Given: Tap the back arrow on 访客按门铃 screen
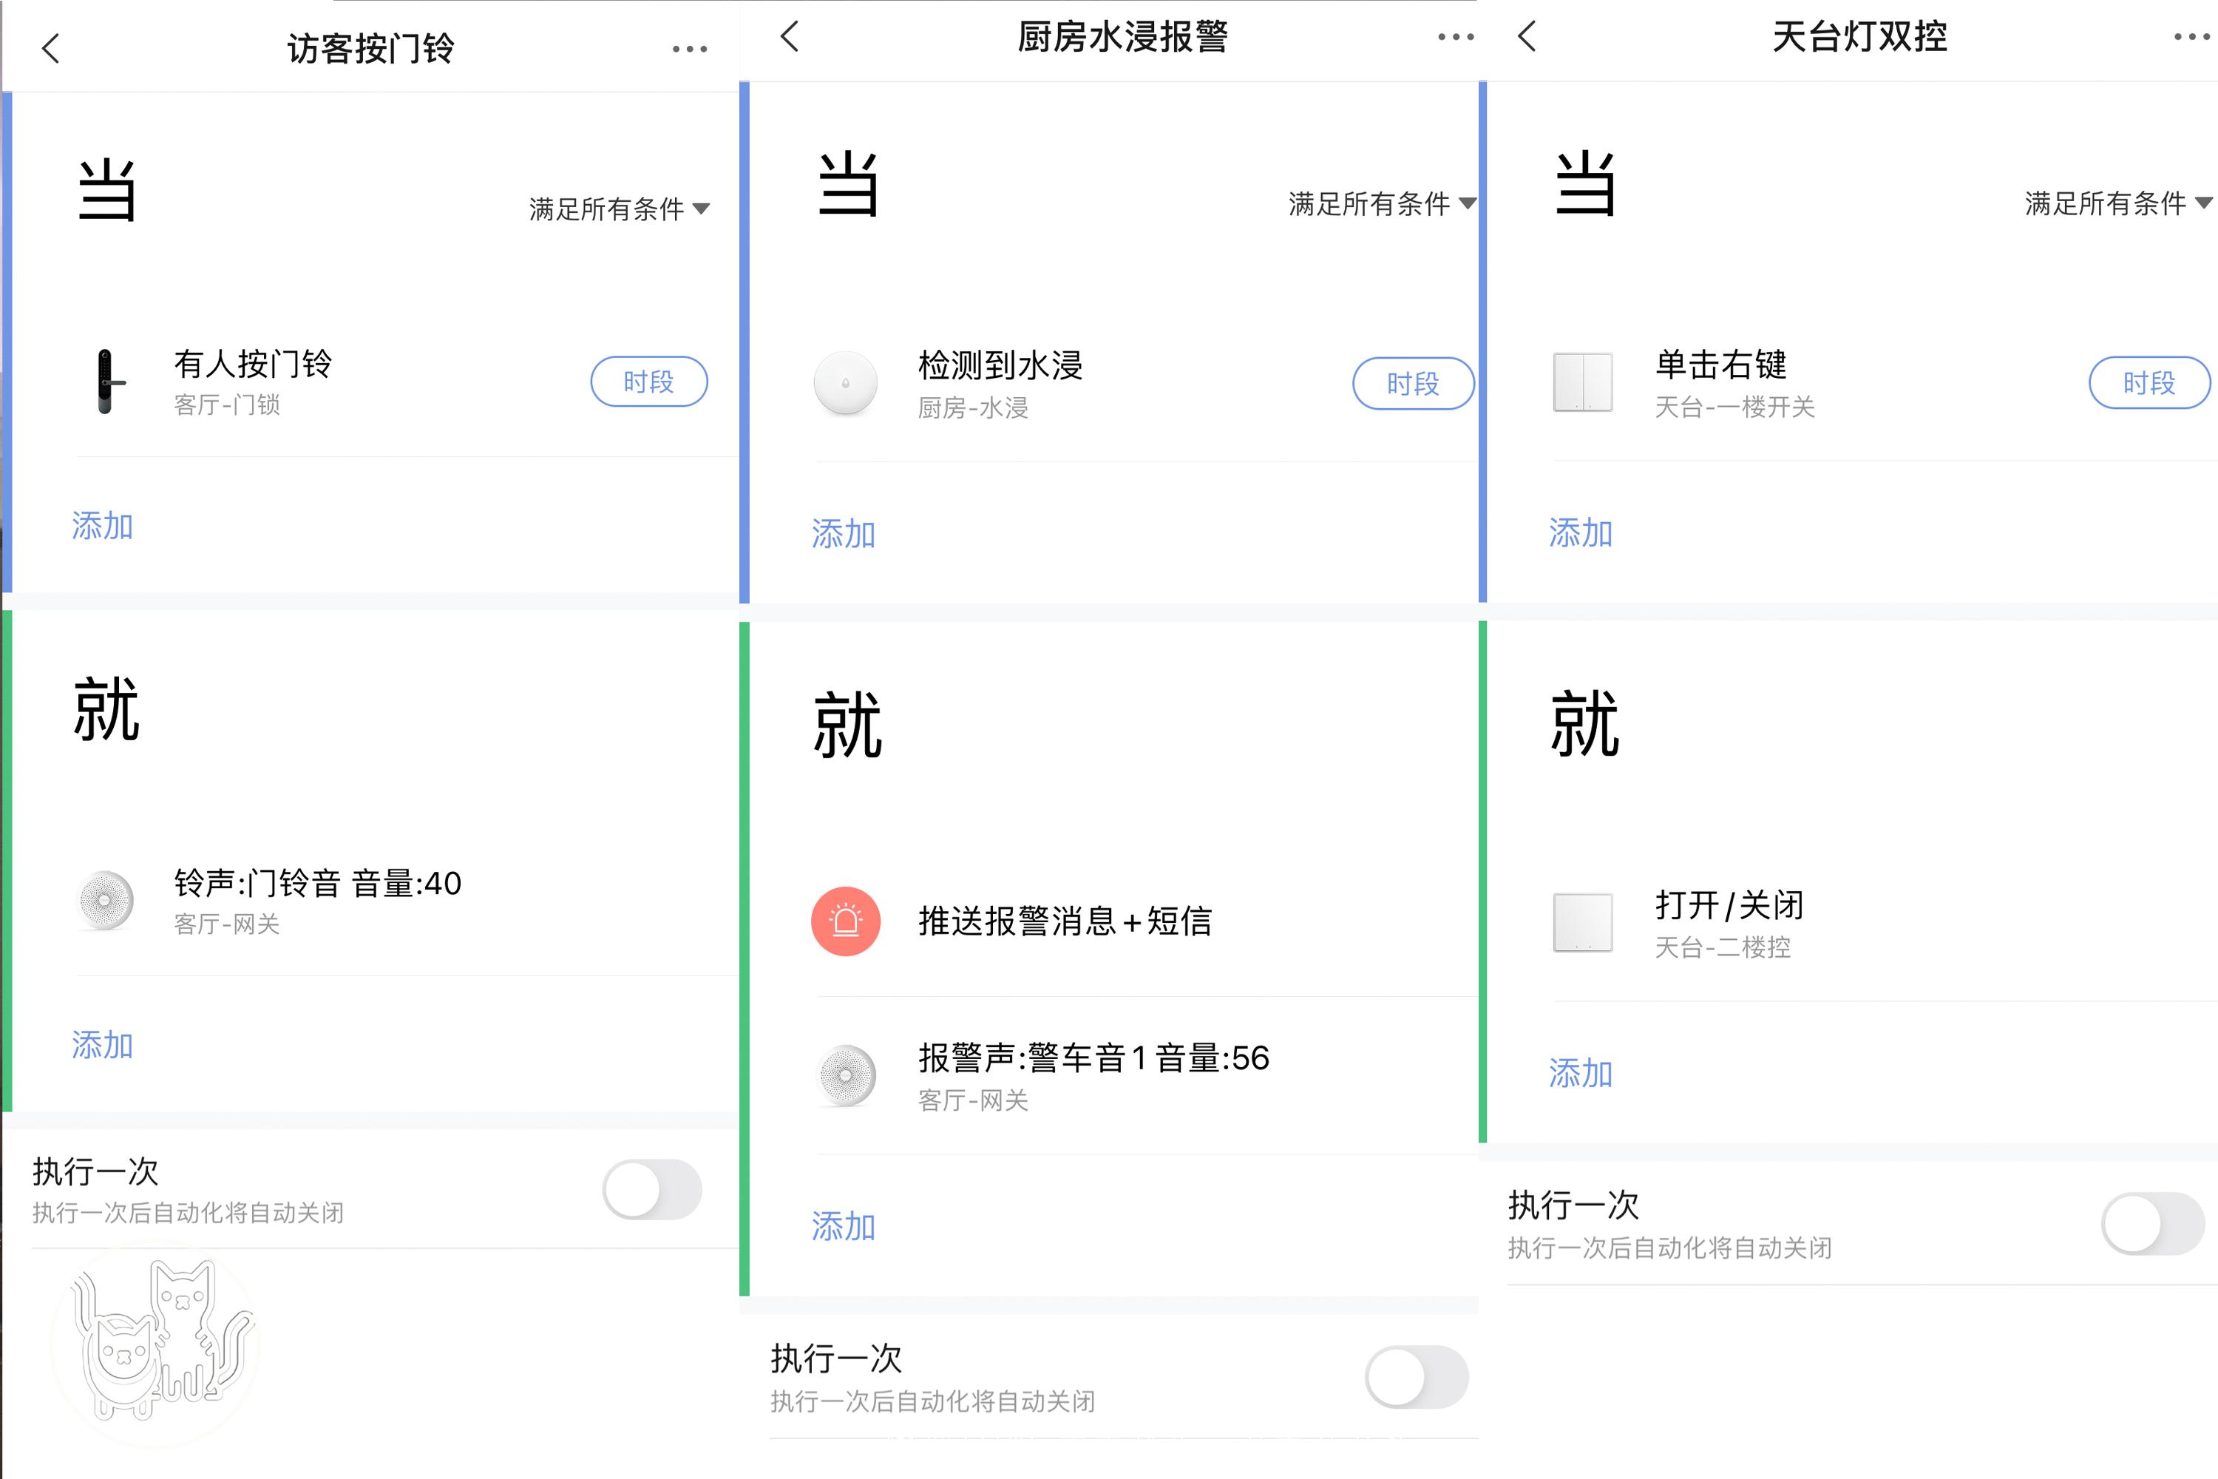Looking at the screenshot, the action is pyautogui.click(x=51, y=48).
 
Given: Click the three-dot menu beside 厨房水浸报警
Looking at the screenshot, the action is pyautogui.click(x=1455, y=38).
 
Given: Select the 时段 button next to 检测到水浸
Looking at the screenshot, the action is pyautogui.click(x=1413, y=384).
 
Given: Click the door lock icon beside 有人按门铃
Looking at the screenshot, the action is pyautogui.click(x=106, y=381).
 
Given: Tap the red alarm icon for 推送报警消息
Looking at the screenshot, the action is pyautogui.click(x=846, y=921).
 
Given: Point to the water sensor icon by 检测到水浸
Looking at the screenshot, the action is pyautogui.click(x=846, y=383).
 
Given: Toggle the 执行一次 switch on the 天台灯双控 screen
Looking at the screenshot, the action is pyautogui.click(x=2152, y=1223).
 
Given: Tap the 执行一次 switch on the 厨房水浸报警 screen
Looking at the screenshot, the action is pyautogui.click(x=1416, y=1377).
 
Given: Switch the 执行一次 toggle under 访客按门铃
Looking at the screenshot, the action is pyautogui.click(x=651, y=1189).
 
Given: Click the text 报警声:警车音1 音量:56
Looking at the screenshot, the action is pyautogui.click(x=1094, y=1058).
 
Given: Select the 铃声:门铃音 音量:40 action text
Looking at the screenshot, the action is pyautogui.click(x=318, y=884).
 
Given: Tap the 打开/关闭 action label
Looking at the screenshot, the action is pyautogui.click(x=1729, y=905).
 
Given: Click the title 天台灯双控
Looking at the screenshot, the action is pyautogui.click(x=1859, y=38).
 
